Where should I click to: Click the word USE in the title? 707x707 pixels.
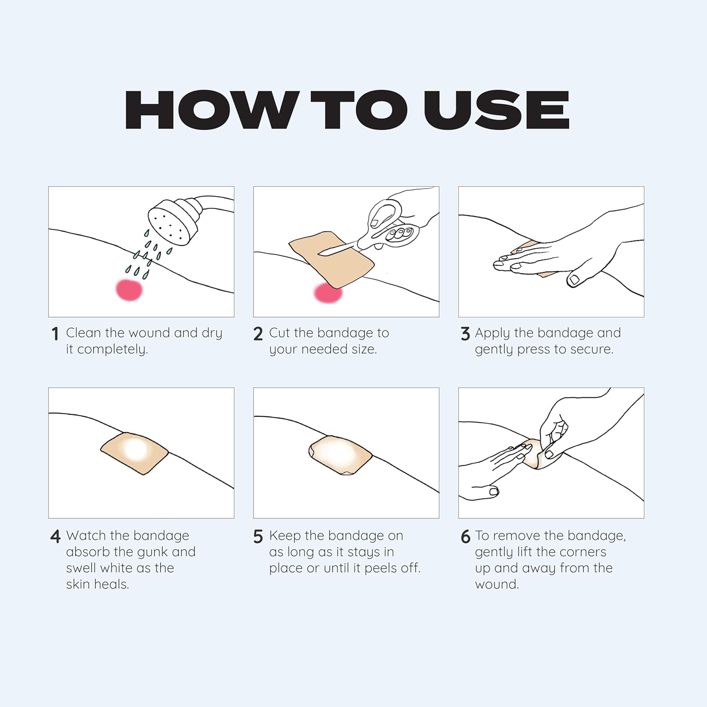point(497,110)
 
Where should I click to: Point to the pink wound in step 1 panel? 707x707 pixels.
point(129,289)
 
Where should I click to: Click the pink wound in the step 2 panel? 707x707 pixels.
point(328,293)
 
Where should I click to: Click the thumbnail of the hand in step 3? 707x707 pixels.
point(574,280)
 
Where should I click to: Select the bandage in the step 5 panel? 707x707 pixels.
point(340,455)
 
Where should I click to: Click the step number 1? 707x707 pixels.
point(55,334)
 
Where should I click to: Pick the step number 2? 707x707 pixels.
point(258,334)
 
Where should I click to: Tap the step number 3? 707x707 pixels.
point(465,334)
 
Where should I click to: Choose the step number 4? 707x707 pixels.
point(56,536)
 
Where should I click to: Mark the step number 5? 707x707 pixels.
point(258,536)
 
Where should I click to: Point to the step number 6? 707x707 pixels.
point(465,536)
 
